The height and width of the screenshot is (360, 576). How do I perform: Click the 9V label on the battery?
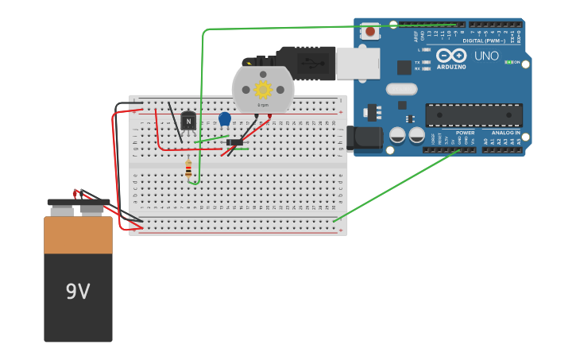pyautogui.click(x=78, y=292)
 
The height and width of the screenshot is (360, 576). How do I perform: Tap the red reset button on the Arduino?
pyautogui.click(x=370, y=32)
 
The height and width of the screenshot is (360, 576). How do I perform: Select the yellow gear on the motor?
pyautogui.click(x=263, y=89)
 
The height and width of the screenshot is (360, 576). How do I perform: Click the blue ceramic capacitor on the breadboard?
pyautogui.click(x=225, y=119)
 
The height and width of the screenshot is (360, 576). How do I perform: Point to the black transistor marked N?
pyautogui.click(x=188, y=121)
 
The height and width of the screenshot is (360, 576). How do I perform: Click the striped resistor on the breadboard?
pyautogui.click(x=188, y=168)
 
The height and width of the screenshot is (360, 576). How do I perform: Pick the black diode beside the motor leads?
pyautogui.click(x=235, y=143)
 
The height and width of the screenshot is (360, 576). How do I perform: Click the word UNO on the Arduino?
pyautogui.click(x=486, y=56)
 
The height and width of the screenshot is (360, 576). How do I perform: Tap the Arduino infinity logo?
pyautogui.click(x=451, y=56)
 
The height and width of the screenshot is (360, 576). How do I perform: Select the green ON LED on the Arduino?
pyautogui.click(x=508, y=62)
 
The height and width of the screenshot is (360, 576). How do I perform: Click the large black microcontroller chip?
pyautogui.click(x=474, y=115)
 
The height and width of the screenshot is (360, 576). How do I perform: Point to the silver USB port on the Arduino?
pyautogui.click(x=357, y=64)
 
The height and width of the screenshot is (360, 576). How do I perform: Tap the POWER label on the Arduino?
pyautogui.click(x=465, y=133)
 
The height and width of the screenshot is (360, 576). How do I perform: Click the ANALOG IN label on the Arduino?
pyautogui.click(x=505, y=133)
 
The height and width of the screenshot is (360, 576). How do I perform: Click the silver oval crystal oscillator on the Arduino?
pyautogui.click(x=401, y=89)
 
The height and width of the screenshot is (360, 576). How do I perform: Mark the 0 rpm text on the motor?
pyautogui.click(x=263, y=105)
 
